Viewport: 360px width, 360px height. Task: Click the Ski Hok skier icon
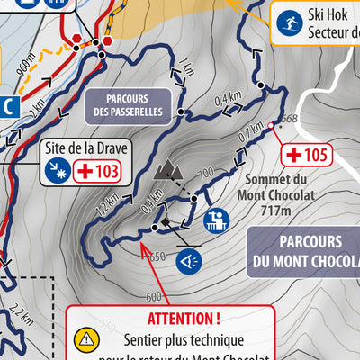288,21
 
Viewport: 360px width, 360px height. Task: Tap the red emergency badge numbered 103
96,170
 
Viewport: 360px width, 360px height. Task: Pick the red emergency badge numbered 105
305,155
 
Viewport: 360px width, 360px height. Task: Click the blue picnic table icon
216,220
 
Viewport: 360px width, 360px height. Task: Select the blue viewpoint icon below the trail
189,261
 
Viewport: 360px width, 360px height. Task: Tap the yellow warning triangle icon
87,339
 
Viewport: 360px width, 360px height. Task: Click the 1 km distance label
187,66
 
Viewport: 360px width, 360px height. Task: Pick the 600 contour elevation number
152,297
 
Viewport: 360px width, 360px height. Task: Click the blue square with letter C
8,105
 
